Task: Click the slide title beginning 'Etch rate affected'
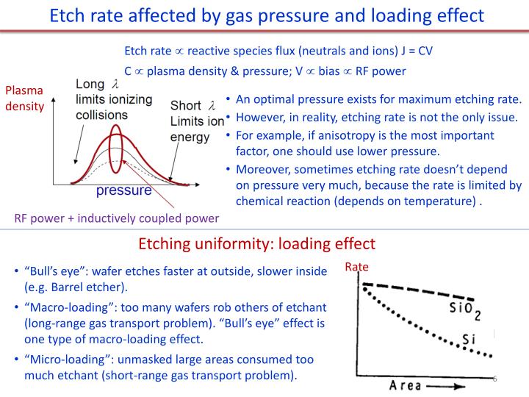264,15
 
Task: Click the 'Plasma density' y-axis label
25,99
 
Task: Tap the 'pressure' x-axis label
123,191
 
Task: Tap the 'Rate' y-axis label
357,268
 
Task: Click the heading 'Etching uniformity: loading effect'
256,244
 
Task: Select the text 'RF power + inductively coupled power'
116,218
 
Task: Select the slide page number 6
494,379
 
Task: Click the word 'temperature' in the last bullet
445,200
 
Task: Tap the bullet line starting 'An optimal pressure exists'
378,100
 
